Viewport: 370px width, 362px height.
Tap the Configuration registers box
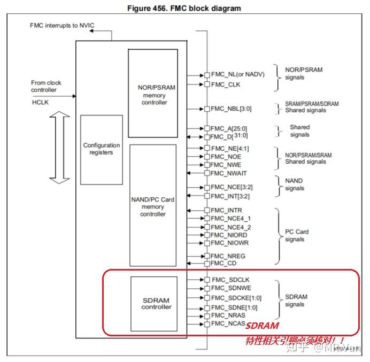(101, 149)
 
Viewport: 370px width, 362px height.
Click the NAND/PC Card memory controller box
(153, 206)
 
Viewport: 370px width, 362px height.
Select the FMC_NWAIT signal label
(228, 173)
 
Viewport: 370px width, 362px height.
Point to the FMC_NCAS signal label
(228, 324)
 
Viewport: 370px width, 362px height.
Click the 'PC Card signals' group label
(296, 236)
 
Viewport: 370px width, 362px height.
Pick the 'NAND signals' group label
(294, 184)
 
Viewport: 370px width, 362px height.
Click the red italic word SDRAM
(263, 326)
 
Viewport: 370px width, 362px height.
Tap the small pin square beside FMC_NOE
(206, 157)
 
